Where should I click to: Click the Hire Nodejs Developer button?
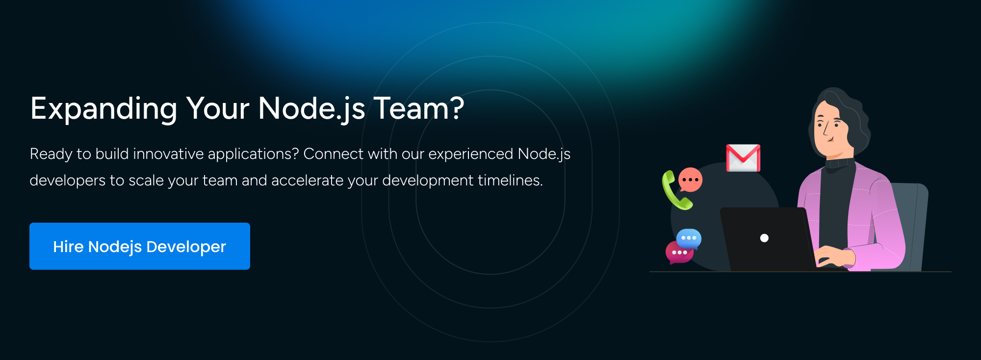(x=139, y=246)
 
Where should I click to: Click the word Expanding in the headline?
(x=103, y=109)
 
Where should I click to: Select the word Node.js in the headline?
(x=311, y=109)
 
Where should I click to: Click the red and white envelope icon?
(x=743, y=158)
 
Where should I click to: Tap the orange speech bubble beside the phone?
(x=691, y=180)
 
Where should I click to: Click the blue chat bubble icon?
(x=689, y=238)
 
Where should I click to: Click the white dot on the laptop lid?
(x=764, y=238)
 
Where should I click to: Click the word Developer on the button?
(x=186, y=247)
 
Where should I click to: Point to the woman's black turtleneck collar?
(x=839, y=162)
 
